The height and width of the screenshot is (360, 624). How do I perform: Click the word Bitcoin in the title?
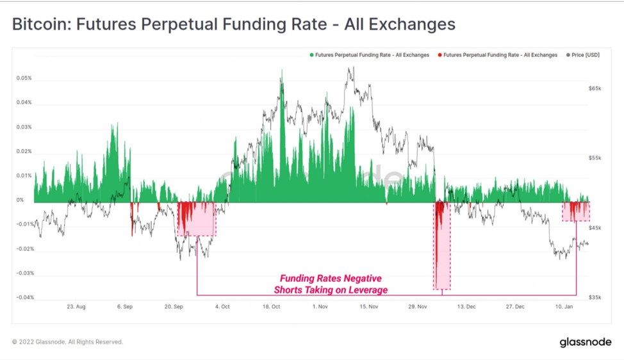click(x=39, y=24)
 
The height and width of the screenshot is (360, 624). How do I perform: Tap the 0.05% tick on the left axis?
click(x=24, y=78)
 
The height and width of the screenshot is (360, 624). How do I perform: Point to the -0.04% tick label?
click(x=25, y=298)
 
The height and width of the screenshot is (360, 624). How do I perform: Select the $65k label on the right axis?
click(x=595, y=88)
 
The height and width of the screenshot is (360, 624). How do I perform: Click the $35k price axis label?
click(x=595, y=298)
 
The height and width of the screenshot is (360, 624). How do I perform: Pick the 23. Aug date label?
click(x=76, y=307)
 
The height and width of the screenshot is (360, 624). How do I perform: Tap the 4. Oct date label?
click(x=222, y=307)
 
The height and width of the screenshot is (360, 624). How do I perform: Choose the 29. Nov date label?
click(x=418, y=307)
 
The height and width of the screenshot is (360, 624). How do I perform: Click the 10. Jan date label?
click(x=564, y=307)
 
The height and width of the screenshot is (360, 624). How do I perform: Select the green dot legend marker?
click(x=311, y=55)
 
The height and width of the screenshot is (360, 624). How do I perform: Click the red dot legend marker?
click(x=439, y=55)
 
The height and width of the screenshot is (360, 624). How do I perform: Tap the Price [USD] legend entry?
click(x=583, y=55)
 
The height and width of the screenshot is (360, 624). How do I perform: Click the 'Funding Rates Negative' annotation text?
click(x=331, y=279)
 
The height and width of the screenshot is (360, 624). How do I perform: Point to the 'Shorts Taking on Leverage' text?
click(x=331, y=290)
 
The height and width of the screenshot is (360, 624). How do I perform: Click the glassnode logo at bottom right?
click(x=586, y=342)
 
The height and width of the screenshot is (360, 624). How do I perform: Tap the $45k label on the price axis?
click(x=595, y=228)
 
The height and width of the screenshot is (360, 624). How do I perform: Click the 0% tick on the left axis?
click(x=20, y=200)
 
